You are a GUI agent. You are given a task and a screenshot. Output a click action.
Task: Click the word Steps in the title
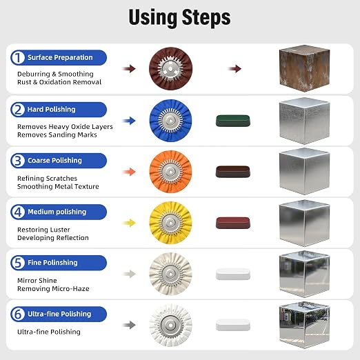(206, 17)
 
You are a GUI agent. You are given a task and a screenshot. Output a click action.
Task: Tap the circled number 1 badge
(18, 57)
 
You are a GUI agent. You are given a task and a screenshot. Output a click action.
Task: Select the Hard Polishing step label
(51, 110)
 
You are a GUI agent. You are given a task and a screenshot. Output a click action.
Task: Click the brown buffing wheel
(170, 68)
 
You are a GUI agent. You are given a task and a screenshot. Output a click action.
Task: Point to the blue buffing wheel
(170, 121)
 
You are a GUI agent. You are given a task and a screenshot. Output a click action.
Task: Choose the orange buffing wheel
(170, 172)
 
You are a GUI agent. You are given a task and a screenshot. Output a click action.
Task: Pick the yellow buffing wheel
(170, 223)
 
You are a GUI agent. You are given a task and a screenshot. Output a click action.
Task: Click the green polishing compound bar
(233, 121)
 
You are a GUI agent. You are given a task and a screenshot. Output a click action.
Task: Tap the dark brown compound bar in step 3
(233, 172)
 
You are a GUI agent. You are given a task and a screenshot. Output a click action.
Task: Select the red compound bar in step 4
(233, 223)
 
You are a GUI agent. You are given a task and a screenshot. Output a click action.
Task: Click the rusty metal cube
(304, 68)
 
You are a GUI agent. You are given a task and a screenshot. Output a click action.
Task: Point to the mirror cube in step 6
(304, 325)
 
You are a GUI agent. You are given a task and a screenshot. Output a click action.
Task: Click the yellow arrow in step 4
(129, 223)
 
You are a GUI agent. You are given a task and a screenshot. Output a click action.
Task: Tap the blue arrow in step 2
(129, 121)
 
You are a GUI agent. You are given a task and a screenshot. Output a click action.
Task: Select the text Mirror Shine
(37, 281)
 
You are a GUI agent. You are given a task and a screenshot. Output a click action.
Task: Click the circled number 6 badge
(18, 314)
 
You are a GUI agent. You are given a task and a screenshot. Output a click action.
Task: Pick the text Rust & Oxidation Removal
(59, 82)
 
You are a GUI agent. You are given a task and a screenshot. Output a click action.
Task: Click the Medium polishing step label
(57, 212)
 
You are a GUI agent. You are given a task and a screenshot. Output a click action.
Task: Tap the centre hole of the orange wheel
(170, 172)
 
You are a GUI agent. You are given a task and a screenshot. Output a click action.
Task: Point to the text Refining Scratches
(47, 179)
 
